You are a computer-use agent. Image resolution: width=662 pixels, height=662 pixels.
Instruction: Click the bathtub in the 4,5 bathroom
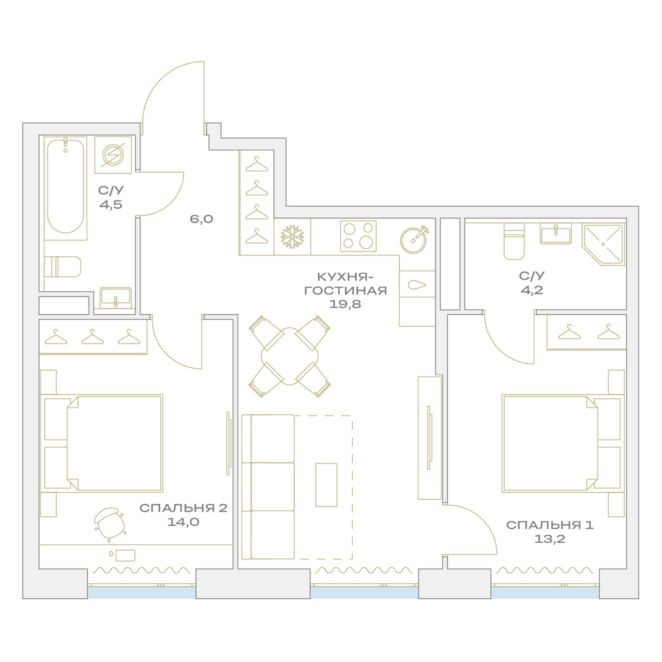[66, 186]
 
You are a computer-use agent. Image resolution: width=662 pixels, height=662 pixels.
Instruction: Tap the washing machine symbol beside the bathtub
[113, 154]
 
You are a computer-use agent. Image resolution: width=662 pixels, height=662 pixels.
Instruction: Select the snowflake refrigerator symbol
[293, 236]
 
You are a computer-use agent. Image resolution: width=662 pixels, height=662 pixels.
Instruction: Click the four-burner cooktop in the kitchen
[358, 236]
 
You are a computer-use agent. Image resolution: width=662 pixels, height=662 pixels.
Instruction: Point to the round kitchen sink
[413, 240]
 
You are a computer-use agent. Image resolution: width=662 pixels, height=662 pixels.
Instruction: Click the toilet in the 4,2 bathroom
[514, 242]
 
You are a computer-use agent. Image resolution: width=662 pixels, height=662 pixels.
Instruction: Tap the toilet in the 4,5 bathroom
[63, 266]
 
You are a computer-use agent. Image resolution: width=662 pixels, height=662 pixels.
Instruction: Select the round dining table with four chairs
[290, 356]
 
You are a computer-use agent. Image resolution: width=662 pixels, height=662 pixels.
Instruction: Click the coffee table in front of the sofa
[326, 485]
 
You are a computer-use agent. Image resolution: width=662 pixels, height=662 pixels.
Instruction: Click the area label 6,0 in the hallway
[201, 218]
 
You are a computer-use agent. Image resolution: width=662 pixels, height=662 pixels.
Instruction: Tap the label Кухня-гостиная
[346, 283]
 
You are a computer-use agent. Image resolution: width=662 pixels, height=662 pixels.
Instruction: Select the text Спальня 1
[549, 525]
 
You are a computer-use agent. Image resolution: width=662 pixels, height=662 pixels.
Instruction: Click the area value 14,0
[183, 522]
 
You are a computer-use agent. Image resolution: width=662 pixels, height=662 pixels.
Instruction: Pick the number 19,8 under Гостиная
[345, 304]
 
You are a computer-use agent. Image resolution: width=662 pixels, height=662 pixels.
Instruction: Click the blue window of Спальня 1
[545, 592]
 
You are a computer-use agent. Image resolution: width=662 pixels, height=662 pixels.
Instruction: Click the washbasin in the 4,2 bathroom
[555, 234]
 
